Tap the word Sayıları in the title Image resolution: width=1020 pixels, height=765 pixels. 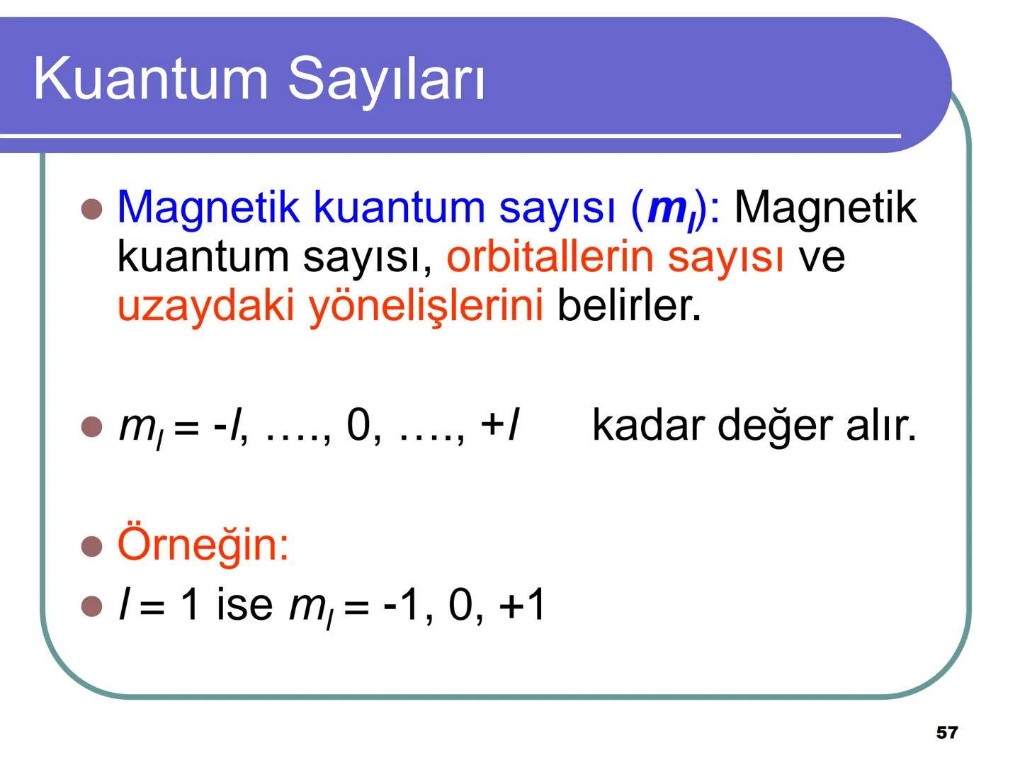point(387,79)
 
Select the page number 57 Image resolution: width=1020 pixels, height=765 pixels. point(946,732)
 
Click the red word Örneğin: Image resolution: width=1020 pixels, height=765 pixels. point(203,544)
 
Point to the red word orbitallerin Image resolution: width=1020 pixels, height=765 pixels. point(550,256)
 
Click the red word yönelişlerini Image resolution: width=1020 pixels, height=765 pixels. point(426,306)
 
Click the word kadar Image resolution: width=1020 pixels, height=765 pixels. point(647,425)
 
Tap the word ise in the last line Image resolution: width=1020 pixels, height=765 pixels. point(244,606)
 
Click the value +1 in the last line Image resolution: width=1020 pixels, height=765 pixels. point(522,606)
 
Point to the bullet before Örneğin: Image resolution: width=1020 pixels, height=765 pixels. point(92,546)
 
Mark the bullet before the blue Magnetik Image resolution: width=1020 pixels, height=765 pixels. point(92,209)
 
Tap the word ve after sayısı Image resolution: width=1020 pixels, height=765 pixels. point(822,256)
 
